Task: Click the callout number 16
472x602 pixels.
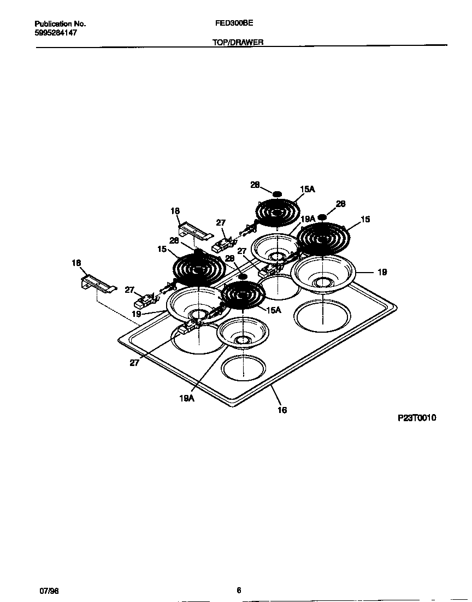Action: pos(282,410)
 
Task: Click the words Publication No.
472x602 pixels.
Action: pos(60,24)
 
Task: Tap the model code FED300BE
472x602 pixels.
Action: pos(234,23)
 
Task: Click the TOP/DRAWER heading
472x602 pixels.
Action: pos(238,42)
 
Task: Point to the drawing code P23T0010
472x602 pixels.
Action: pos(417,418)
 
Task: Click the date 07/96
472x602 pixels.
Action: pos(48,591)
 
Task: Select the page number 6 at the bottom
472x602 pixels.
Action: pos(239,590)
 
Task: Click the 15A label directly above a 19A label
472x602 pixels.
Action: pos(308,189)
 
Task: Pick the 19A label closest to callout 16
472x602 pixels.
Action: pos(187,399)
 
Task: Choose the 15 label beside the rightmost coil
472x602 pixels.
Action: pos(365,219)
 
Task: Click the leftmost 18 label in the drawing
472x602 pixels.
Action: pos(76,263)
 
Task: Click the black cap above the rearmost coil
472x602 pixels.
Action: pos(277,194)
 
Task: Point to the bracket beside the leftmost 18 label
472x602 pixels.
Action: pos(99,284)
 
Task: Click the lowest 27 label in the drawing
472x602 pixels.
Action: pos(134,362)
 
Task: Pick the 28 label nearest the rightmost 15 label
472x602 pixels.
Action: pos(340,204)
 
